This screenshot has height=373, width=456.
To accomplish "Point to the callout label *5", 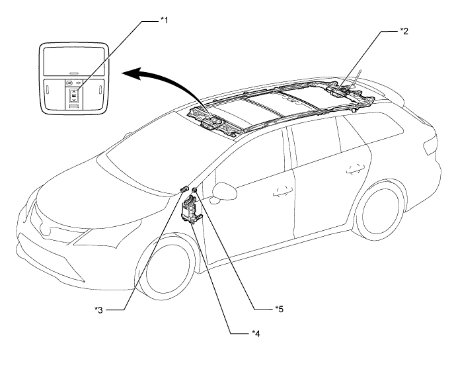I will [282, 308].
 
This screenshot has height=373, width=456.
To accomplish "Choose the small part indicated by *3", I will [184, 190].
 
